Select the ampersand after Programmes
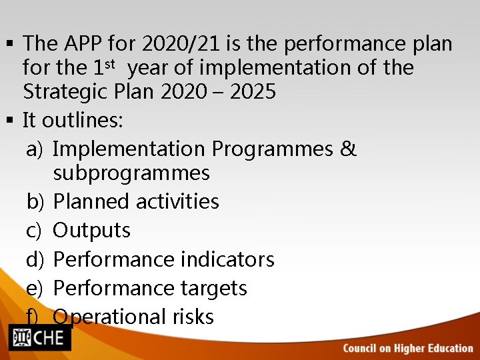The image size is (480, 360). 348,149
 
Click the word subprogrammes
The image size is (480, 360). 131,173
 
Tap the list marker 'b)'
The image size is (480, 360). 35,201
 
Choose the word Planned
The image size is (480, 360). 90,201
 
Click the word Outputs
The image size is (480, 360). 91,231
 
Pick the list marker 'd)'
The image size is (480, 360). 35,259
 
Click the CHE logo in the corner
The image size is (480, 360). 39,337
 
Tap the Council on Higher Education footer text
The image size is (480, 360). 408,348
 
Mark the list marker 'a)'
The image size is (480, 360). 35,149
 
